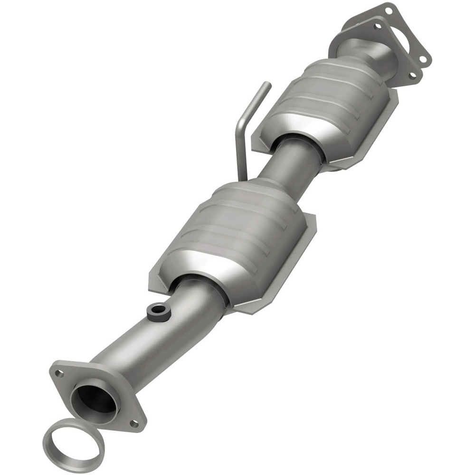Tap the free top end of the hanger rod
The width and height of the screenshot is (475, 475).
[267, 85]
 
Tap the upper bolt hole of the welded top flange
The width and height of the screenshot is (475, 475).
[377, 27]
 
